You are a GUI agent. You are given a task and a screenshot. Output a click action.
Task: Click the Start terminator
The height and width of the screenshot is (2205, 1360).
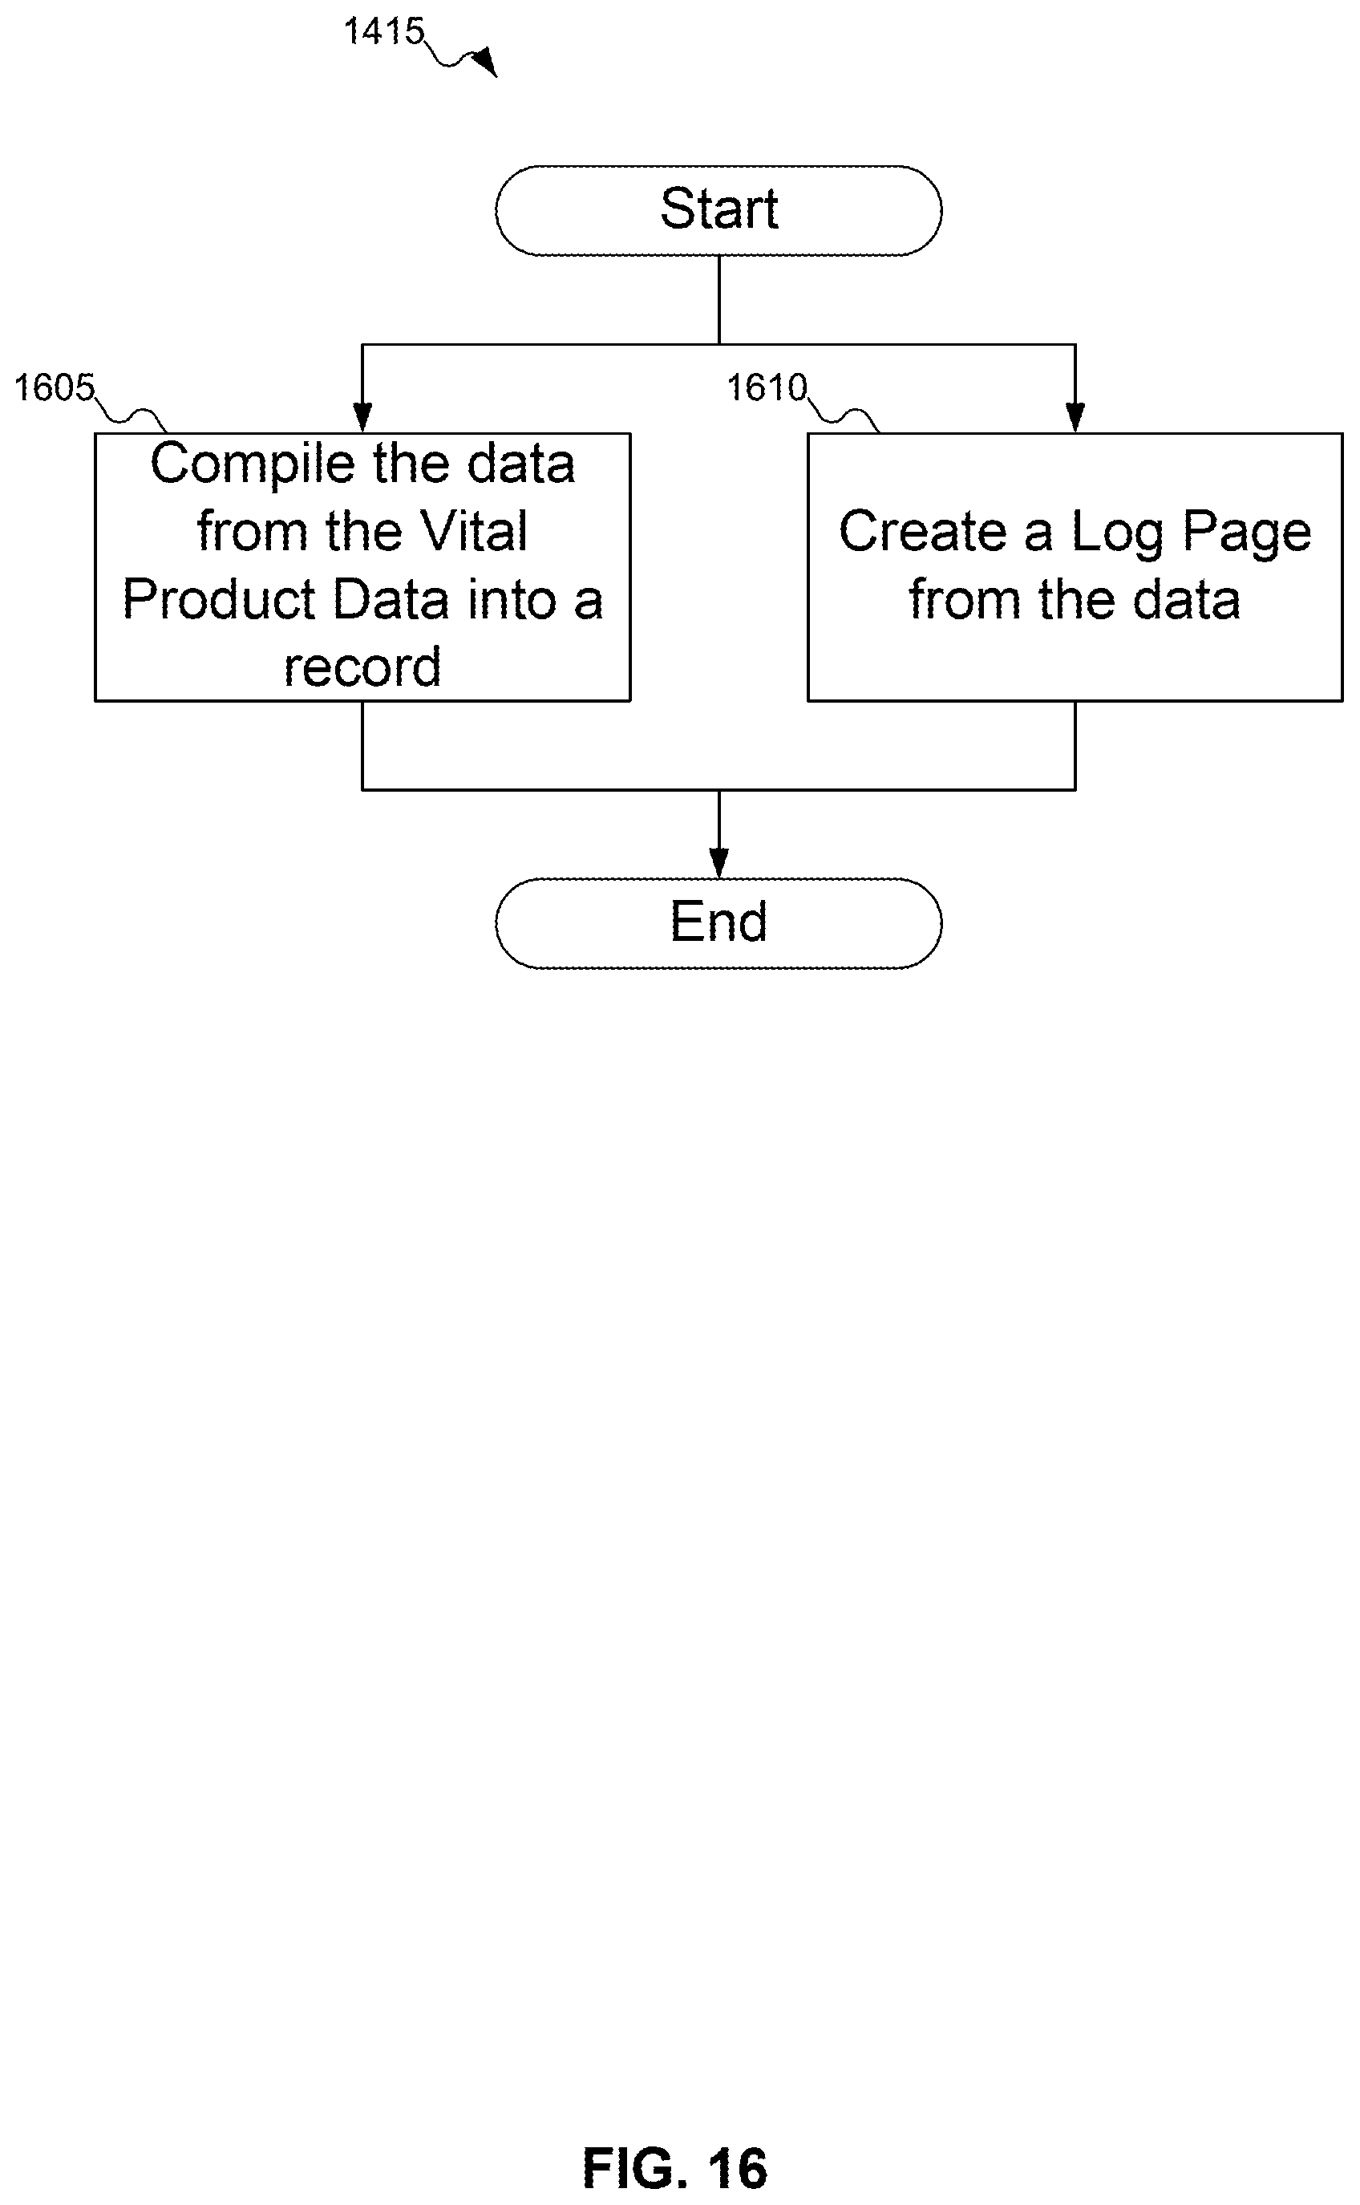pyautogui.click(x=718, y=210)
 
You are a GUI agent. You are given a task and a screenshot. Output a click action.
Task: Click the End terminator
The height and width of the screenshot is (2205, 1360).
pyautogui.click(x=718, y=923)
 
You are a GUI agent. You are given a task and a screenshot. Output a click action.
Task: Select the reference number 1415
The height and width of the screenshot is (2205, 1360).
pyautogui.click(x=384, y=31)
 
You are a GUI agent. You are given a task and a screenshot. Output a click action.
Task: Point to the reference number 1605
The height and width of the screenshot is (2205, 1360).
pyautogui.click(x=54, y=387)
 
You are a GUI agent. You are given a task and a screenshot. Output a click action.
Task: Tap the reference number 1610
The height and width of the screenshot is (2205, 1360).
pyautogui.click(x=767, y=387)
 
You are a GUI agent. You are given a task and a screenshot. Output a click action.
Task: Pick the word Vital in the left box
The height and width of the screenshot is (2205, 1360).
pyautogui.click(x=474, y=531)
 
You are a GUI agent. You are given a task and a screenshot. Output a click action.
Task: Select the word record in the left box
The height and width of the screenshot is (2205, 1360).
pyautogui.click(x=362, y=667)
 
